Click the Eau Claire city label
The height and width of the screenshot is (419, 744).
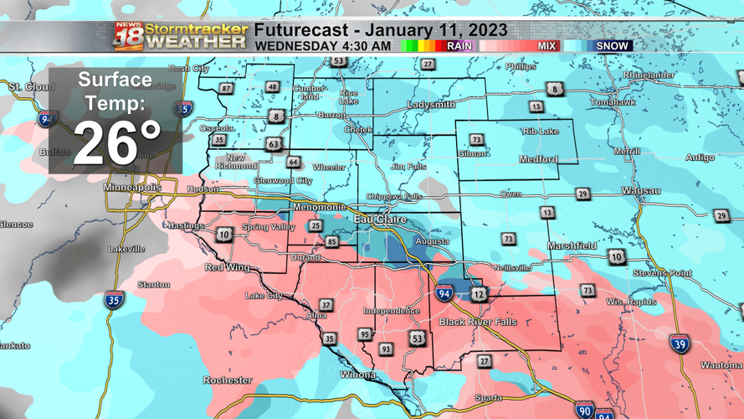380,220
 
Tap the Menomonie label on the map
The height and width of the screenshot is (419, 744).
319,206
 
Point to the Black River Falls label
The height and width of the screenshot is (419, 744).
478,322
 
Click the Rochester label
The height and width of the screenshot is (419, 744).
227,380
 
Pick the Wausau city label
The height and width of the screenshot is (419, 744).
641,191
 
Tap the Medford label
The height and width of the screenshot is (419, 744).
538,159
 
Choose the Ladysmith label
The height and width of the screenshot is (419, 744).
431,105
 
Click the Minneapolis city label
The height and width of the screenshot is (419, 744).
132,188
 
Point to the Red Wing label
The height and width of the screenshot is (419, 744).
227,267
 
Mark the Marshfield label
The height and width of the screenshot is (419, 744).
572,246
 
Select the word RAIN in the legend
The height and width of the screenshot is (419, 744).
459,46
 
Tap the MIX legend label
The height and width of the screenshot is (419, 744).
546,46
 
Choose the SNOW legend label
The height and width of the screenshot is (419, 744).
612,46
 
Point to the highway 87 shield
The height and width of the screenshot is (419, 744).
226,89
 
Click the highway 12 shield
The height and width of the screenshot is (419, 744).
479,294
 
